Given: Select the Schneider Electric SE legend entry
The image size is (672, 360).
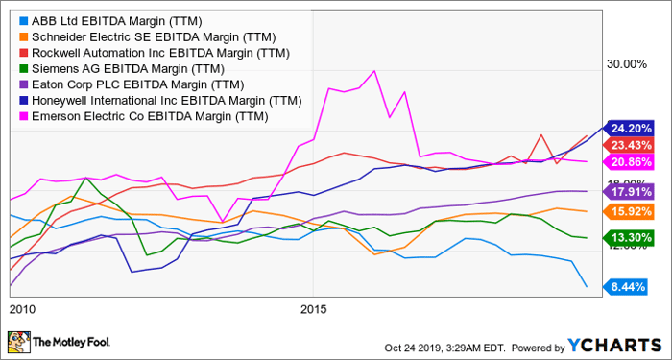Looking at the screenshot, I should [136, 36].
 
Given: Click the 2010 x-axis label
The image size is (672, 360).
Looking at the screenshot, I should [22, 311].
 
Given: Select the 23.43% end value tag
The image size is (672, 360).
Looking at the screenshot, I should [633, 144].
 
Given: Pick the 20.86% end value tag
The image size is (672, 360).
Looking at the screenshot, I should [633, 161].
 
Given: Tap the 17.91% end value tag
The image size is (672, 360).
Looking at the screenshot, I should [633, 191].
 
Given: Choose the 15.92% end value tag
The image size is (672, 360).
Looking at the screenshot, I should [633, 211].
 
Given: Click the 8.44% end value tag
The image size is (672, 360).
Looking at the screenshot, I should [633, 286].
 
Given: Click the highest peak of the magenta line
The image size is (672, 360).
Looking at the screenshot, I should [373, 71].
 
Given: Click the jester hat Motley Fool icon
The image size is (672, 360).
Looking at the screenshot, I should [18, 343].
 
